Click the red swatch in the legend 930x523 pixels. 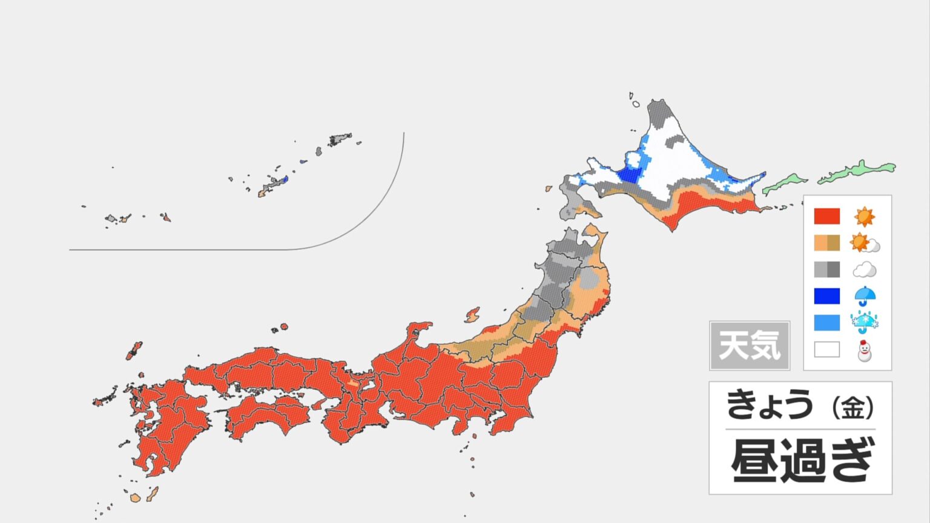click(x=826, y=216)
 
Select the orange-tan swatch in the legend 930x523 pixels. click(x=826, y=243)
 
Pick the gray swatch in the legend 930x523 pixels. click(x=826, y=269)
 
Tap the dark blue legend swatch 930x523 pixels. click(x=826, y=296)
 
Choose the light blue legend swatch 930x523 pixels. click(x=826, y=323)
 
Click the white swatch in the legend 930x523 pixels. click(x=826, y=349)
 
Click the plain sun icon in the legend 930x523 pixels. click(x=864, y=216)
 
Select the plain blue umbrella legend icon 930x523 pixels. click(x=864, y=296)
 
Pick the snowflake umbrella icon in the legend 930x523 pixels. click(x=864, y=323)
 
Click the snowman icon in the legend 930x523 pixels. click(x=864, y=350)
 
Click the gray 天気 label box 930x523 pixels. click(x=750, y=346)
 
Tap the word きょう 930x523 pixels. click(x=769, y=405)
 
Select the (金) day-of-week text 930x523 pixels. click(x=852, y=407)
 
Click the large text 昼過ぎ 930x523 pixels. click(x=802, y=460)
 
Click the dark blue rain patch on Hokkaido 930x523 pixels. click(x=628, y=174)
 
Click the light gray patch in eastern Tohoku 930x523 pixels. click(x=588, y=280)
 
